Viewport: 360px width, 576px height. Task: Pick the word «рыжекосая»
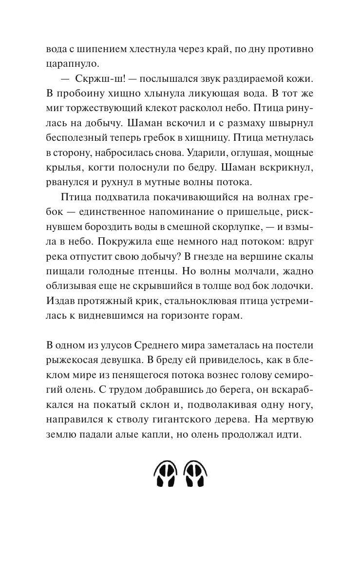(x=76, y=361)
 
